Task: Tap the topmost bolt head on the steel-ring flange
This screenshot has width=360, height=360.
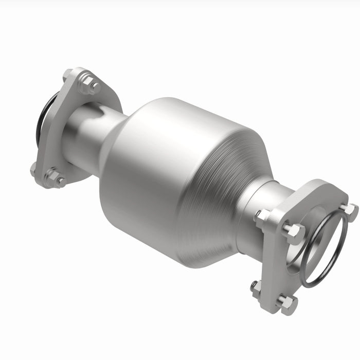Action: (x=349, y=210)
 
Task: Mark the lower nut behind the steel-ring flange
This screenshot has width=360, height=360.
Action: (x=256, y=287)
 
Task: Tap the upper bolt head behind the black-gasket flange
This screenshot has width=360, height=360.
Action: (x=67, y=75)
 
